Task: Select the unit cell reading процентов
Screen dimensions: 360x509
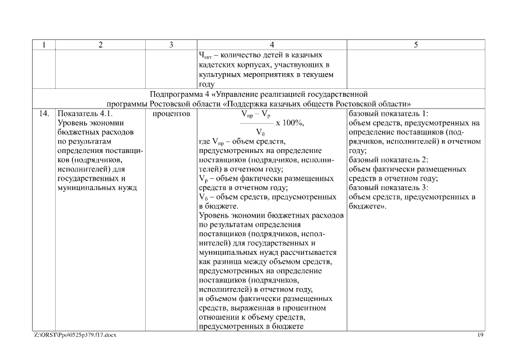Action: point(171,113)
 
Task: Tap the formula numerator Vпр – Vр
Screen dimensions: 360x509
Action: point(257,114)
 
